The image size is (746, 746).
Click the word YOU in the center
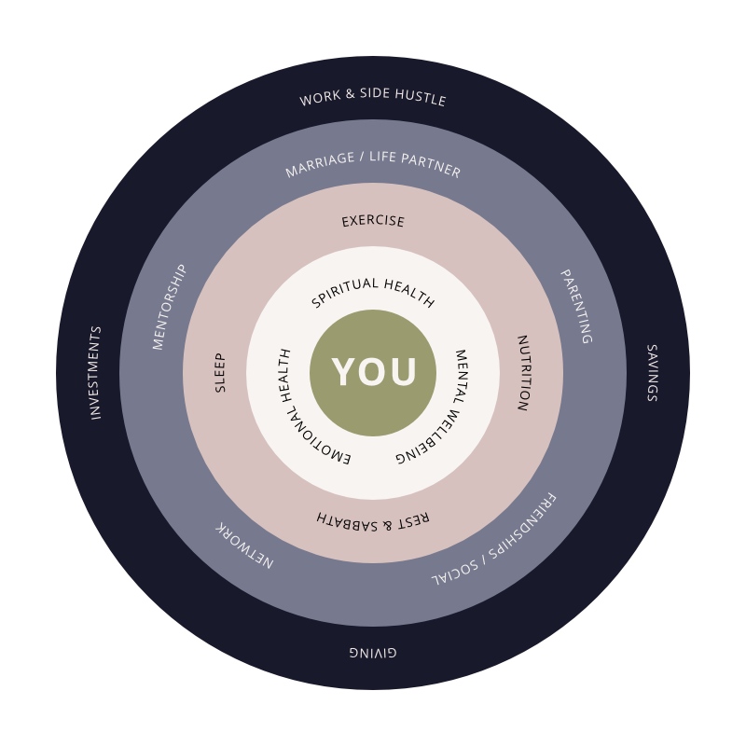[374, 372]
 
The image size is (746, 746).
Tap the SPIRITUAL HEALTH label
[373, 291]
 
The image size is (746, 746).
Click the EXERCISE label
[373, 221]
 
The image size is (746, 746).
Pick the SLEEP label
[221, 372]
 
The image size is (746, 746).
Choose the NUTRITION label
[523, 373]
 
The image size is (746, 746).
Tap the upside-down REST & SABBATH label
[373, 520]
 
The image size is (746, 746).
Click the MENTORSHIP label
[170, 307]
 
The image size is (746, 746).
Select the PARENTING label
[575, 307]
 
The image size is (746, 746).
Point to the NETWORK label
[244, 545]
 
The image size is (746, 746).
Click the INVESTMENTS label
[95, 373]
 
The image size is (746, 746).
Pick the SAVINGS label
[652, 372]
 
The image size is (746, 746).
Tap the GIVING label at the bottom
[373, 652]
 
